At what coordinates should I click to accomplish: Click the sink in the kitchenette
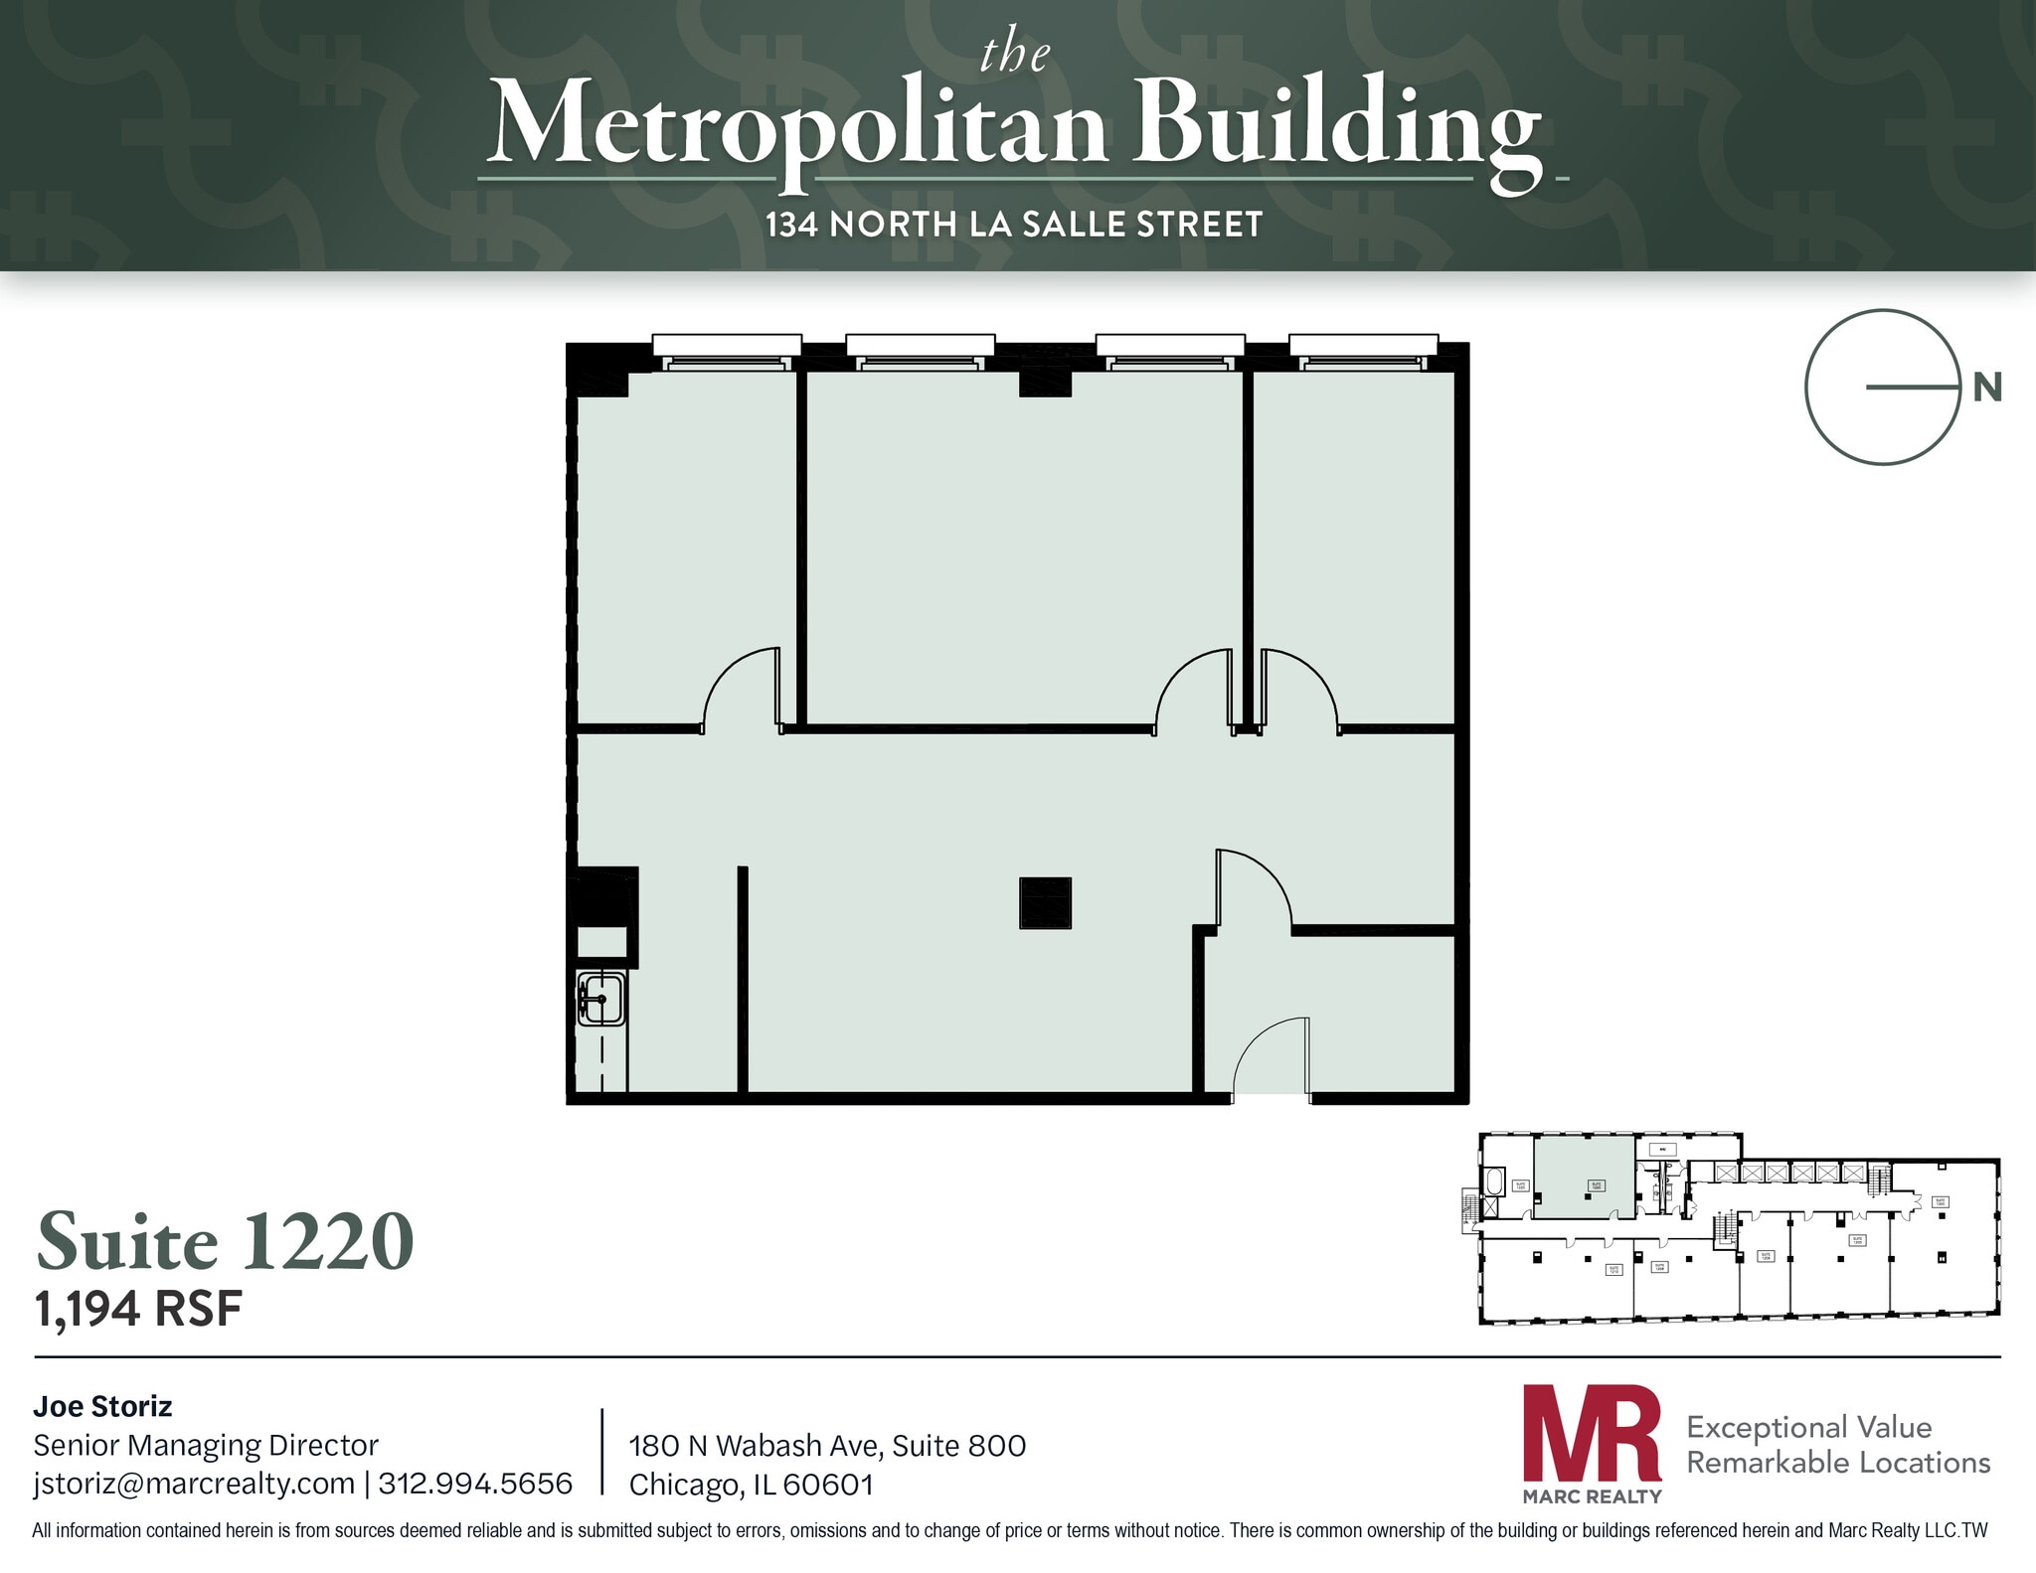(601, 999)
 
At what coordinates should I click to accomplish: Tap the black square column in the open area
(1045, 902)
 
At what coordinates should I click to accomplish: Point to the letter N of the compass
(1986, 388)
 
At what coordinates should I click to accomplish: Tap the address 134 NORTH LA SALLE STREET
(1014, 225)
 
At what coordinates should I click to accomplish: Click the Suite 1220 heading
(226, 1241)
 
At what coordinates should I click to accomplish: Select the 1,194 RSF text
(139, 1309)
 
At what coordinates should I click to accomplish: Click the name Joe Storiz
(102, 1406)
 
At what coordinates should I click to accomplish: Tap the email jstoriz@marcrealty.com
(194, 1484)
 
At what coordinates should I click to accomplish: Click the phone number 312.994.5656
(475, 1484)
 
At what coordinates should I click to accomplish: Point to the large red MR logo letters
(1592, 1434)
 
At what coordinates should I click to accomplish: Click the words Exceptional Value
(1808, 1427)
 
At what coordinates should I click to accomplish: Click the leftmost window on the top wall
(727, 350)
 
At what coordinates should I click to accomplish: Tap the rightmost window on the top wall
(1363, 350)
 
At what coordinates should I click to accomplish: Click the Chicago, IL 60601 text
(751, 1485)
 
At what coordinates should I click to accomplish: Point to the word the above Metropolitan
(1014, 54)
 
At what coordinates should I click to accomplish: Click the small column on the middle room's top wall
(1045, 383)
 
